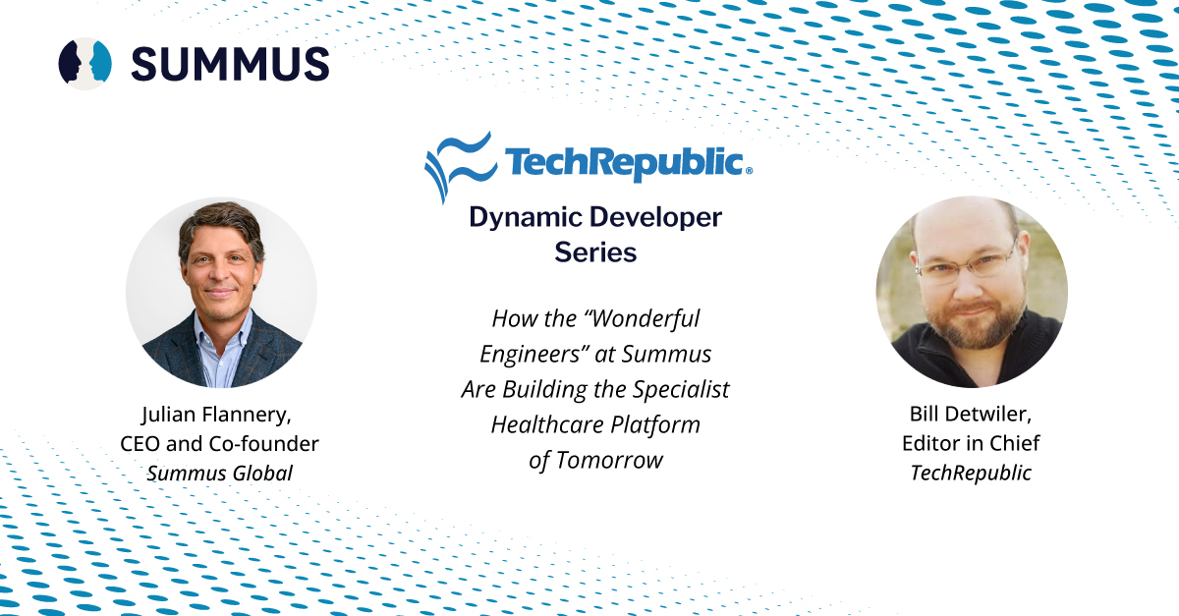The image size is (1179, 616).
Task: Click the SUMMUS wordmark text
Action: [x=230, y=64]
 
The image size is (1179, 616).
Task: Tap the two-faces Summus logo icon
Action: [x=84, y=63]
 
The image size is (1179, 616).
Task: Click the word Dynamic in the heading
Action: [x=526, y=218]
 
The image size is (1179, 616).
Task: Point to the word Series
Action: [x=595, y=252]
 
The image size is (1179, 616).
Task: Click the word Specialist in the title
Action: [x=681, y=390]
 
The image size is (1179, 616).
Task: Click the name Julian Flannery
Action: [x=216, y=415]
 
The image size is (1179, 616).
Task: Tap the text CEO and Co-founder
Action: [x=219, y=444]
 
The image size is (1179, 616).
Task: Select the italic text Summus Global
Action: [x=219, y=474]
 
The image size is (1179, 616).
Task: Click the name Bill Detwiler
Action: [x=971, y=414]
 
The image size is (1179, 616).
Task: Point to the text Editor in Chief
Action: [x=971, y=443]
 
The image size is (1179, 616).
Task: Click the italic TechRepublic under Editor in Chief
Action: [x=971, y=473]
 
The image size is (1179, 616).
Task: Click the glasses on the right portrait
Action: [x=968, y=262]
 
